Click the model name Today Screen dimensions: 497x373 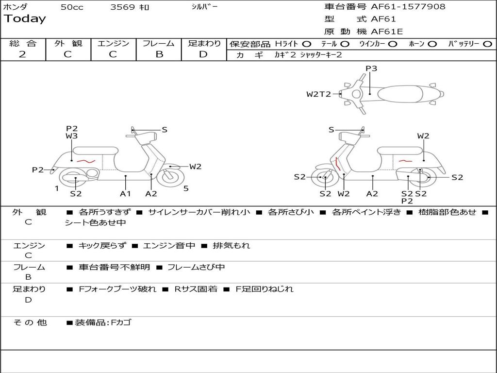(x=25, y=19)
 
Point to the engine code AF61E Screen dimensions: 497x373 (x=387, y=32)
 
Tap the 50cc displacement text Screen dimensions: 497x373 (x=72, y=7)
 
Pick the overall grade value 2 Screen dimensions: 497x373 (x=22, y=54)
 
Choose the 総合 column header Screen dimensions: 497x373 (x=23, y=44)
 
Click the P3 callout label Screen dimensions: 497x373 (x=371, y=68)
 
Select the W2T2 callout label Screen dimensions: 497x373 (x=318, y=94)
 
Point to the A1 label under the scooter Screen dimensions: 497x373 (x=126, y=194)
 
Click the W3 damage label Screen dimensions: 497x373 (x=72, y=136)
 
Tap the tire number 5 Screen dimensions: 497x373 (x=186, y=188)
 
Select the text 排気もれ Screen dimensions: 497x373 (x=232, y=246)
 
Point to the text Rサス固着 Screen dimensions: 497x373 (x=196, y=289)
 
